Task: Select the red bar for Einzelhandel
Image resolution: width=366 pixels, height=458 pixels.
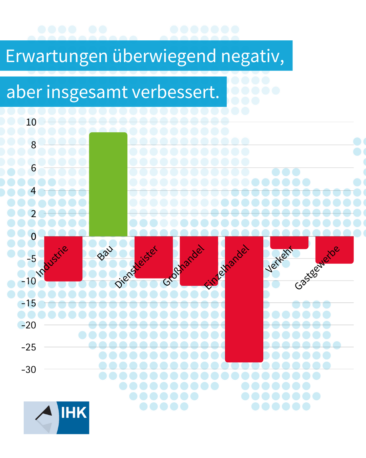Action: (244, 305)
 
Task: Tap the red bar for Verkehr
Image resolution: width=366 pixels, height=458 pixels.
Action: (289, 242)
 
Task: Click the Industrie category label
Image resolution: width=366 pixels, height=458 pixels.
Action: (52, 261)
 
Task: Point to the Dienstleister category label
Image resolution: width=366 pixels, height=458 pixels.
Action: (136, 267)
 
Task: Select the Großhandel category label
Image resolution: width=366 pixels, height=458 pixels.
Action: (184, 265)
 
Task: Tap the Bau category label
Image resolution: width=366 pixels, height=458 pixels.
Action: (105, 253)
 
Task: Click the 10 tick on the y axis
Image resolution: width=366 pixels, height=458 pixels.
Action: (31, 122)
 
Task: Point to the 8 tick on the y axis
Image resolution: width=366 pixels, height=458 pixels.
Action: (33, 145)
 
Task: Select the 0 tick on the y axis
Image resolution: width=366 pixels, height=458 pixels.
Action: (33, 236)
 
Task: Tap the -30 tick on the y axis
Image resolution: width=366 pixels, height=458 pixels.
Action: (29, 369)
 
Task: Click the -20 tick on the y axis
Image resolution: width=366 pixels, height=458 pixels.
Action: (29, 325)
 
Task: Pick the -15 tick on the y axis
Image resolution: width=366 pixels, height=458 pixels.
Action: (29, 303)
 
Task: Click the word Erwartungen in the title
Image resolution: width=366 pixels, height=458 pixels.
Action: (57, 56)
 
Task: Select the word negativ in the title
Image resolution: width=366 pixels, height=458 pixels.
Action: (252, 56)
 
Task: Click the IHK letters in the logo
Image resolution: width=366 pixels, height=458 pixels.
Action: (74, 413)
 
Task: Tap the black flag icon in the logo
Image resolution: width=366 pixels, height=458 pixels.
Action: (45, 412)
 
